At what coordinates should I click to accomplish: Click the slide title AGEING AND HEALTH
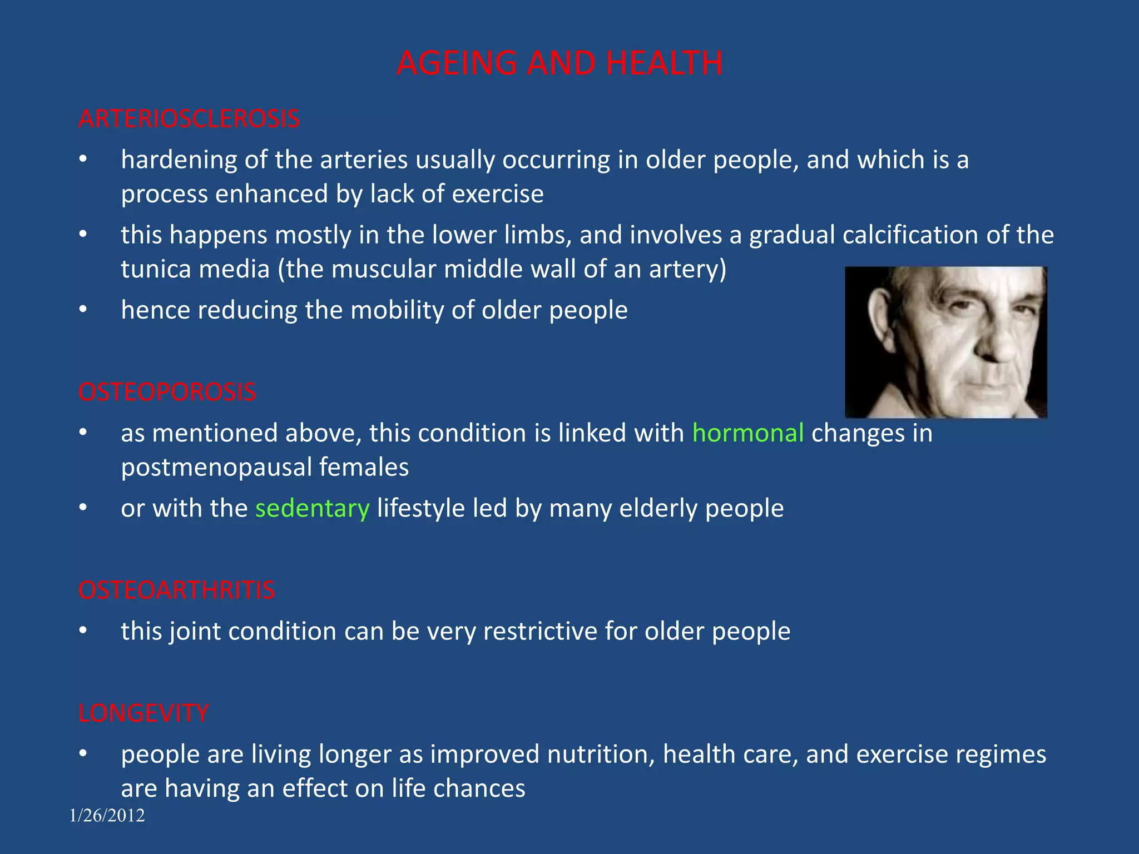[559, 63]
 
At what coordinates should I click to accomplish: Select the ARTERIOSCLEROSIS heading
[189, 119]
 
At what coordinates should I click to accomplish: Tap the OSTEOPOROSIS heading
[167, 392]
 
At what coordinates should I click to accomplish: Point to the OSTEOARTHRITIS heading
[176, 590]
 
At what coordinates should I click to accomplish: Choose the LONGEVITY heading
[143, 713]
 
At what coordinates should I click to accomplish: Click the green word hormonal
[748, 433]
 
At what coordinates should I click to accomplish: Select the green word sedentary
[312, 508]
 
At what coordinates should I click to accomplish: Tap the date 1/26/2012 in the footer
[107, 816]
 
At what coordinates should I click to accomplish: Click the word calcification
[910, 235]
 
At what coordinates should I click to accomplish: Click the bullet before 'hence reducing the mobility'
[83, 309]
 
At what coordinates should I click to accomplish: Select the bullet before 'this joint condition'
[83, 630]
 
